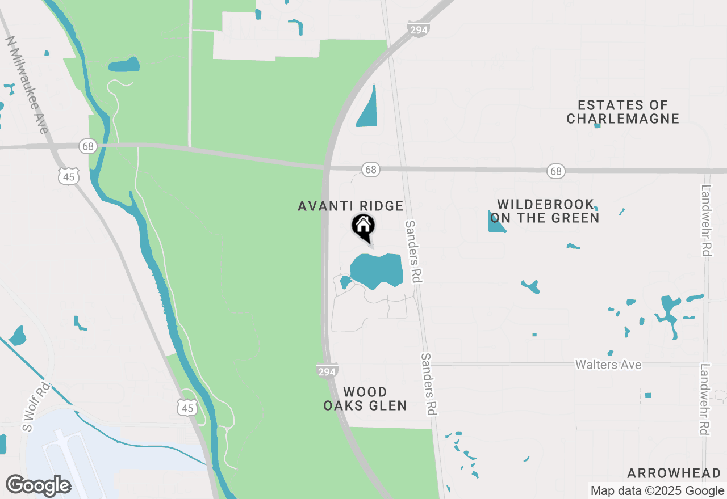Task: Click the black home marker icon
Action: tap(363, 226)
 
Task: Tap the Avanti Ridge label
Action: tap(350, 206)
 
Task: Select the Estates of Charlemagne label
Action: tap(622, 112)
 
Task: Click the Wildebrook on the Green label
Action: tap(545, 211)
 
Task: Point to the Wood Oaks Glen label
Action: tap(365, 399)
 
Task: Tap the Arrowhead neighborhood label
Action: tap(674, 473)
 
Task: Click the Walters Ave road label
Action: tap(608, 365)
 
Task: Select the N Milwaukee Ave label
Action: tap(27, 85)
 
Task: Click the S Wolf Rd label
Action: tap(36, 408)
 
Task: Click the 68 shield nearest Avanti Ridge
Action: tap(371, 170)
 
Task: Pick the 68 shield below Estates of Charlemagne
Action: tap(556, 171)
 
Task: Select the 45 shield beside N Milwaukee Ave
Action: tap(68, 177)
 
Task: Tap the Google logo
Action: tap(38, 486)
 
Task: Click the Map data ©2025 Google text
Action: tap(657, 491)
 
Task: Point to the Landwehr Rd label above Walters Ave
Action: tap(707, 221)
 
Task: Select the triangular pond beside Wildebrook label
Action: tap(495, 223)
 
